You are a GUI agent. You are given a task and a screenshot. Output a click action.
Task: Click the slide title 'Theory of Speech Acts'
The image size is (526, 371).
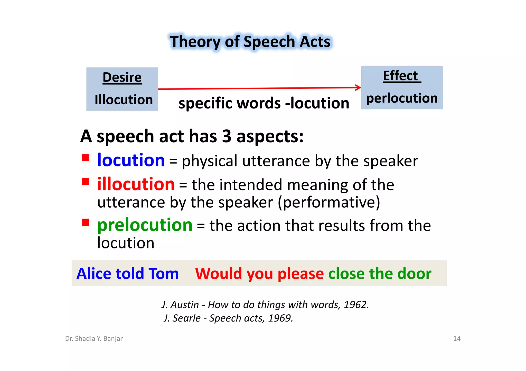click(x=250, y=42)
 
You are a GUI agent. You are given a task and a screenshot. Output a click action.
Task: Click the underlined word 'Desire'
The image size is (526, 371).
click(x=122, y=77)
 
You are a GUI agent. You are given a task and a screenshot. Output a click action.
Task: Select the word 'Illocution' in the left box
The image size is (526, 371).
click(x=124, y=99)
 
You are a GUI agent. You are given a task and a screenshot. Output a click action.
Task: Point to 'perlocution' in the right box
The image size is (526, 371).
click(x=402, y=98)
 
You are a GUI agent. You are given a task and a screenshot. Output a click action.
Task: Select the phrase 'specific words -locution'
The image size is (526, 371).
click(x=264, y=103)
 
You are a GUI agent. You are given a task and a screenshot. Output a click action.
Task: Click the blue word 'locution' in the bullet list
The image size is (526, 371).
click(x=131, y=160)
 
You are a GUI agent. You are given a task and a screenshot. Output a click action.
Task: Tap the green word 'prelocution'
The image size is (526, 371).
click(x=145, y=225)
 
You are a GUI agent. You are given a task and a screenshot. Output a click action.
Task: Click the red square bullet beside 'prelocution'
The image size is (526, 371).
click(x=86, y=222)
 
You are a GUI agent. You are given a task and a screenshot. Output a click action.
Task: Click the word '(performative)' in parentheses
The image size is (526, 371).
click(x=329, y=202)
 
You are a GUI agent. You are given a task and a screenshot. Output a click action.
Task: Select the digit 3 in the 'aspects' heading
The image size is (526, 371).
click(x=227, y=136)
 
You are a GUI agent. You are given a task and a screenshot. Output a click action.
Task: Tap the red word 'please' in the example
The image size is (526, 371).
click(x=301, y=273)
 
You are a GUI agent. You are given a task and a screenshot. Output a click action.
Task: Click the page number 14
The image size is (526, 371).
click(x=457, y=338)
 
